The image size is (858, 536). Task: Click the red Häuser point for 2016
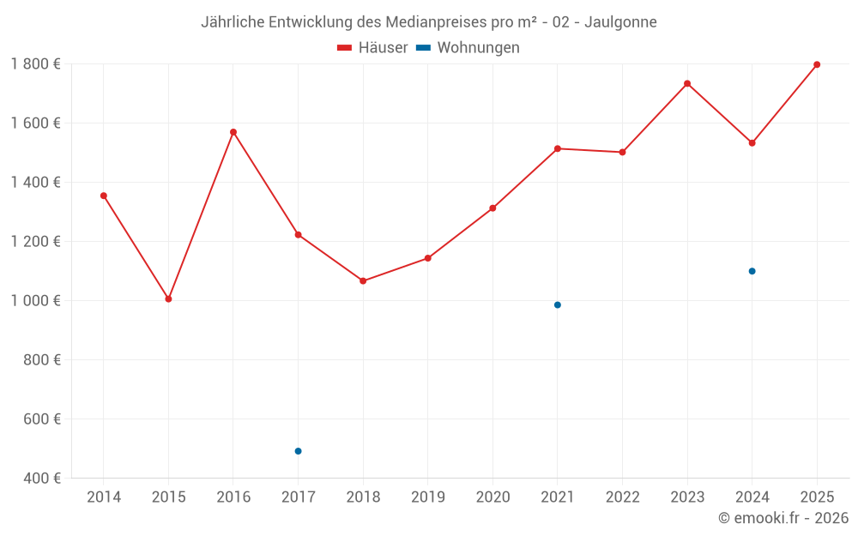tap(233, 132)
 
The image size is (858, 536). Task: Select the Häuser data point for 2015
tap(168, 299)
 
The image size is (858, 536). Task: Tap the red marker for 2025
tap(817, 64)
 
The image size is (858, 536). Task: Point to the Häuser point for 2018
tap(363, 281)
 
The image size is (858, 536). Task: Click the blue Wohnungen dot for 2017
tap(298, 451)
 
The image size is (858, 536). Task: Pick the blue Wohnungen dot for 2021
tap(558, 305)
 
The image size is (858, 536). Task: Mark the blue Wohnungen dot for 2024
tap(752, 271)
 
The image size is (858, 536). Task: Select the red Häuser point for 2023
tap(687, 83)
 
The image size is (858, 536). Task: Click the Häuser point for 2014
tap(104, 196)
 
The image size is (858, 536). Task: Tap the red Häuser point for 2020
tap(492, 208)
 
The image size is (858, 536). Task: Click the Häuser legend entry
tap(372, 48)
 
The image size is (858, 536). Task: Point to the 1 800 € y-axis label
tap(35, 64)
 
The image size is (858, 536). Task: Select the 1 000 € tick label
tap(35, 301)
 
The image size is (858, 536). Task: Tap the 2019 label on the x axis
tap(427, 497)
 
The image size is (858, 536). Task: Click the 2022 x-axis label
tap(622, 497)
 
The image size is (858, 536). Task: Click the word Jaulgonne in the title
tap(620, 22)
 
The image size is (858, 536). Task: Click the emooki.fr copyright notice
tap(782, 518)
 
